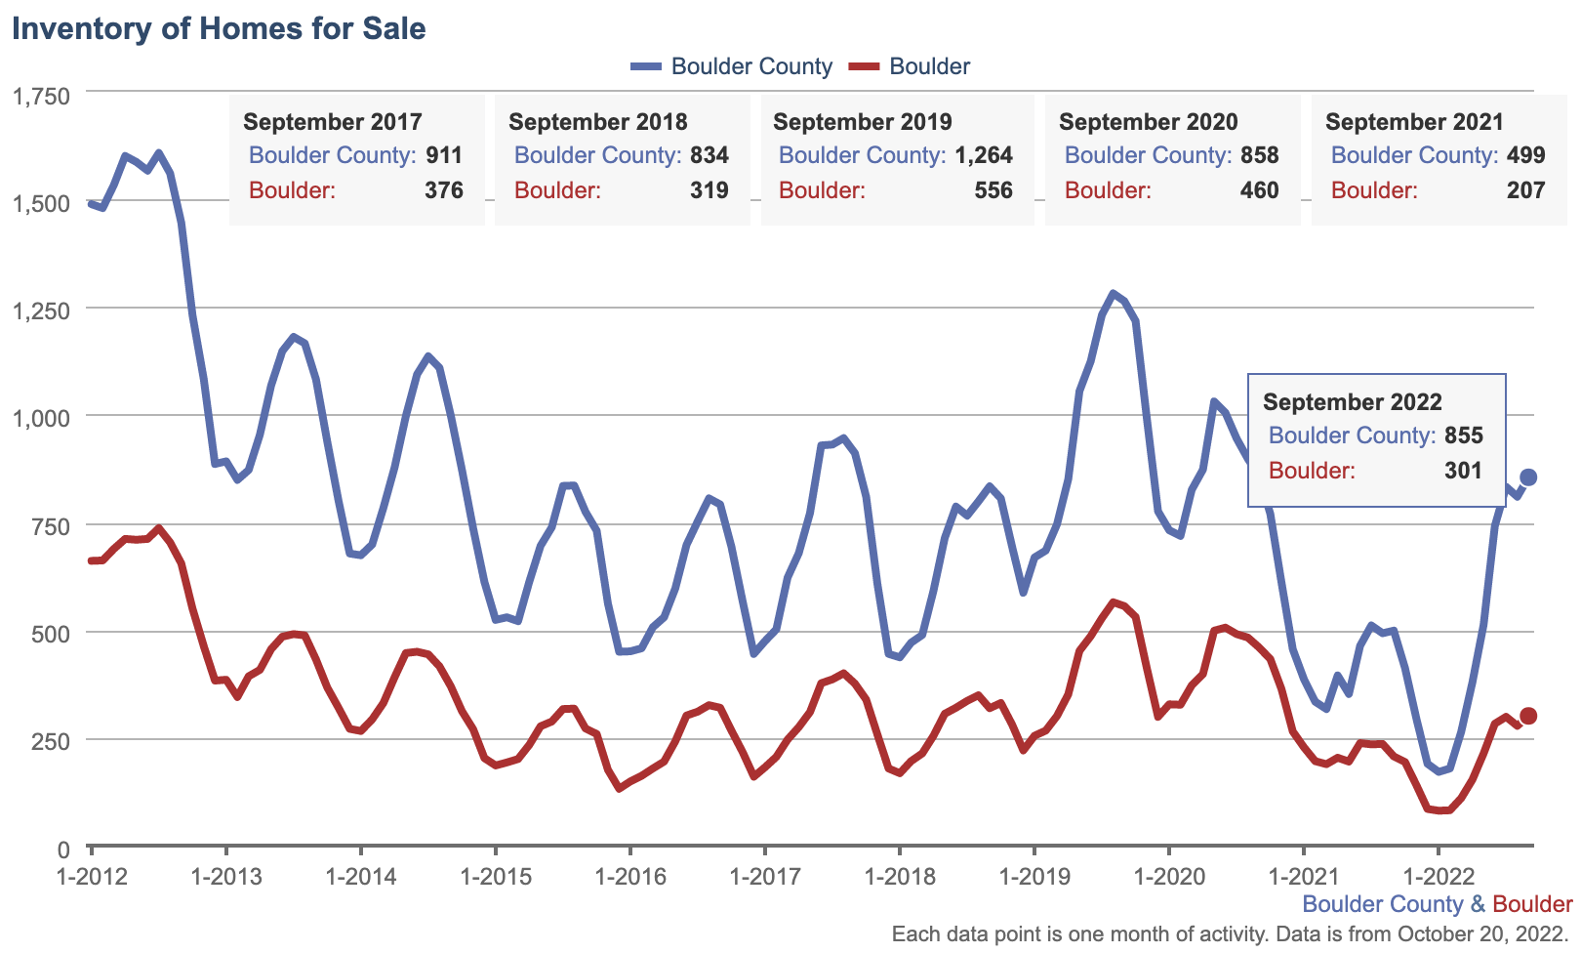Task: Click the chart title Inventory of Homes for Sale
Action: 219,28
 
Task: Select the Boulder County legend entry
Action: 732,66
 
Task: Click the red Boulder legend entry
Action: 910,66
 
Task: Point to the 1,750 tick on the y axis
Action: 40,96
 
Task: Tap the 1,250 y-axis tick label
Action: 40,311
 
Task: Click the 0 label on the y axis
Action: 62,849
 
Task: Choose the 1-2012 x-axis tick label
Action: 91,876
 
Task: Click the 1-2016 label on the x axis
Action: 629,876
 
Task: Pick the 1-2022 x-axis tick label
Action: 1438,876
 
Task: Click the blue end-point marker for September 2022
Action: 1528,476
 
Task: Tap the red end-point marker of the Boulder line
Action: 1528,716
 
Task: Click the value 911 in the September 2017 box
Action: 444,155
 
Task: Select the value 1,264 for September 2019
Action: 984,155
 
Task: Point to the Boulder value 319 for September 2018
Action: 709,190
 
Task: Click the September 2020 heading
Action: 1148,122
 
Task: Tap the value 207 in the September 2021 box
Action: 1525,190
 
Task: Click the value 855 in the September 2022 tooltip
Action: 1463,435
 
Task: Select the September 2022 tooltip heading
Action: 1352,402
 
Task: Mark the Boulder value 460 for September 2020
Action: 1259,190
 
